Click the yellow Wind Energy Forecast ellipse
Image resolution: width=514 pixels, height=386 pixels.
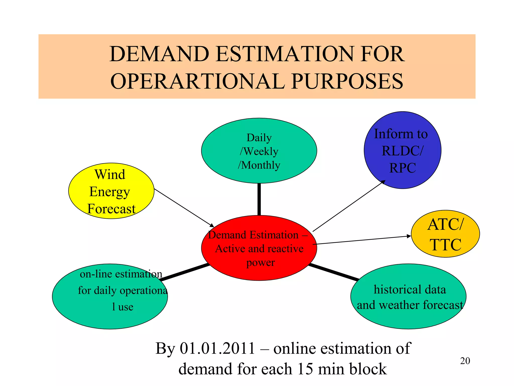(111, 191)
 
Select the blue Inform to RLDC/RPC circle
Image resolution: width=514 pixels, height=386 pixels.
(402, 150)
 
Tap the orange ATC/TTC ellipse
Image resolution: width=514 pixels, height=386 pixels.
(445, 234)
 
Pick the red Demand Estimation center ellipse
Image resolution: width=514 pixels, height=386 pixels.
(259, 248)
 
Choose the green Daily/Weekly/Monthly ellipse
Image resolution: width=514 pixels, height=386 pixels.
(259, 151)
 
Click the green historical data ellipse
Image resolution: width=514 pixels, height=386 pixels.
(408, 297)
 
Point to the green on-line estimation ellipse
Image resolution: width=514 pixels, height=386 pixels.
(110, 297)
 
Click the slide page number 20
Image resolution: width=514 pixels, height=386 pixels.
(465, 361)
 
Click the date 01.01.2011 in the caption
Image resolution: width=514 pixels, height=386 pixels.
(218, 349)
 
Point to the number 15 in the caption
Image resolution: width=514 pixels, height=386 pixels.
(305, 369)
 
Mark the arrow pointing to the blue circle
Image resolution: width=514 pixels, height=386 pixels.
(349, 206)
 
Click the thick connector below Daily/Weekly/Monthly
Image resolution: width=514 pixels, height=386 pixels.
(259, 199)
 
